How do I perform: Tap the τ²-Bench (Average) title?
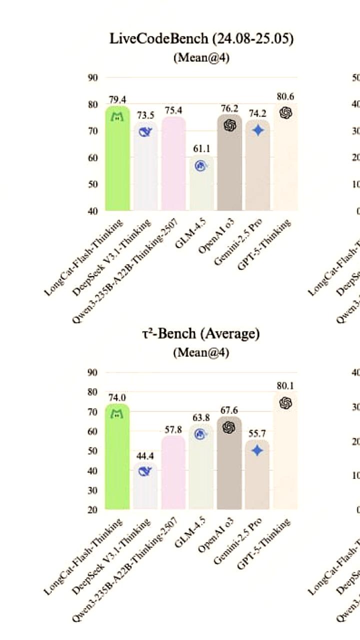201,334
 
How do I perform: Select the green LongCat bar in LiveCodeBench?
117,160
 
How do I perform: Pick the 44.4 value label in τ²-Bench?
145,456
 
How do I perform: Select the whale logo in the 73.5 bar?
145,132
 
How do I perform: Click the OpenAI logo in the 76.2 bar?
229,125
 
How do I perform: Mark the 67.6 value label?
229,410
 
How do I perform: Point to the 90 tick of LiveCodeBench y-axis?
92,77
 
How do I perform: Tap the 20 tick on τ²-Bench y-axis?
92,509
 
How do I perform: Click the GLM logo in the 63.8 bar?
201,433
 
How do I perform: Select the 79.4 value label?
117,100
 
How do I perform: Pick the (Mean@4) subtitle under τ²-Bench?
201,352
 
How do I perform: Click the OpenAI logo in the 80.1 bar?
285,403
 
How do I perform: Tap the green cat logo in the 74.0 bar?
117,413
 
